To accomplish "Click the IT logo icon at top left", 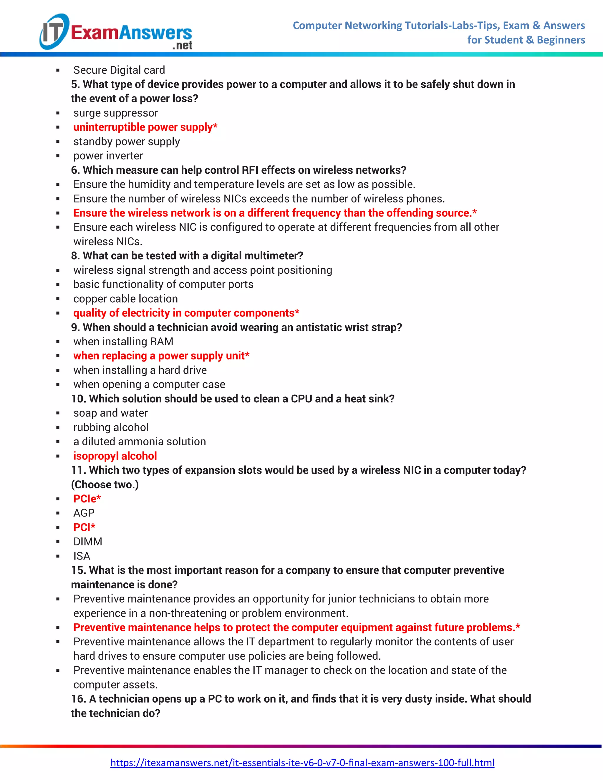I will (x=54, y=31).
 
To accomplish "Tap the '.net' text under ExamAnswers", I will (x=182, y=45).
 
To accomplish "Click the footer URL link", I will (x=302, y=763).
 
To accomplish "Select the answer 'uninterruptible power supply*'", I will (x=145, y=127).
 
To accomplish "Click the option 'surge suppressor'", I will (x=115, y=113).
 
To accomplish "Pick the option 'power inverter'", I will (x=108, y=156).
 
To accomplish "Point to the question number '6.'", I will (x=75, y=170).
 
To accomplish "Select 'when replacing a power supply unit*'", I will (x=161, y=356).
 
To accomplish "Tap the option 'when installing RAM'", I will (x=123, y=341).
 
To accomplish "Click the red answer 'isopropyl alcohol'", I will (x=115, y=456).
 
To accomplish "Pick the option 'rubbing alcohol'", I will (x=111, y=427).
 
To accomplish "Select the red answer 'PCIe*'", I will (x=87, y=499).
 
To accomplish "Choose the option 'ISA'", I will (x=82, y=556).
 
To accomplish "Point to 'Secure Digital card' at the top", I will (x=119, y=70).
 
